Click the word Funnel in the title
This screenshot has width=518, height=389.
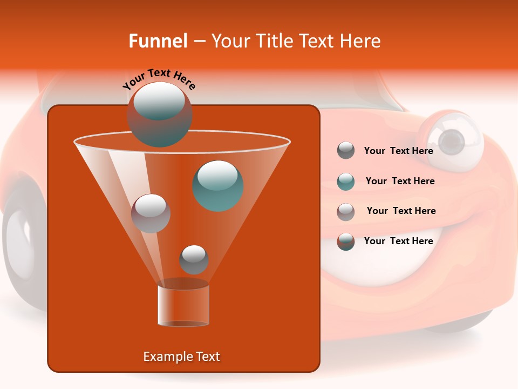(x=158, y=41)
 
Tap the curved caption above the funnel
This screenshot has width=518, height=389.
(x=159, y=79)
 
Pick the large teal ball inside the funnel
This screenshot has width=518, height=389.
(x=218, y=185)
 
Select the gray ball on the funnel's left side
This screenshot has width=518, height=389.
(x=151, y=213)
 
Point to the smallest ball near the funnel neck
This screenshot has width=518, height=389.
(x=194, y=259)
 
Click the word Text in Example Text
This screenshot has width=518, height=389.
(x=207, y=357)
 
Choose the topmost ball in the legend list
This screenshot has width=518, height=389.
(x=346, y=150)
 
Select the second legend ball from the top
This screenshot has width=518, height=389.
(x=346, y=181)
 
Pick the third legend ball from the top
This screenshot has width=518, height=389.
(x=346, y=211)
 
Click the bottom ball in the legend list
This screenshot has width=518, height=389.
(x=346, y=241)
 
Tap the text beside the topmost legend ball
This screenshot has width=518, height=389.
(x=398, y=151)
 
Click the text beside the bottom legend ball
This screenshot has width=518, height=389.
(x=398, y=241)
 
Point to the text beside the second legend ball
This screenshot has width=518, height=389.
(x=400, y=181)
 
